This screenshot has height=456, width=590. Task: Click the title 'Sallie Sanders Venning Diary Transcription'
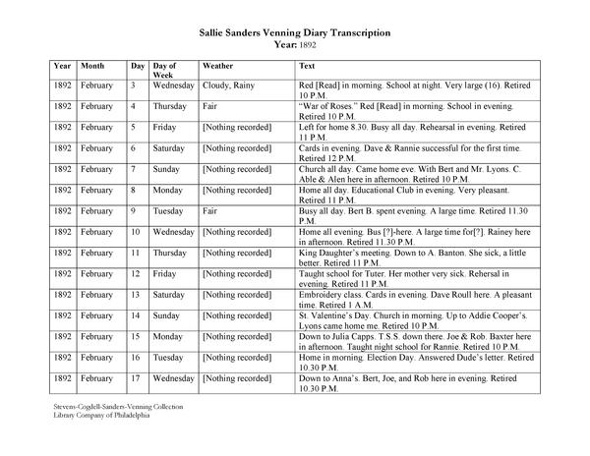pos(294,32)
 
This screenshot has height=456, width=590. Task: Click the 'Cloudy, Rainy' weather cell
pos(228,86)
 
